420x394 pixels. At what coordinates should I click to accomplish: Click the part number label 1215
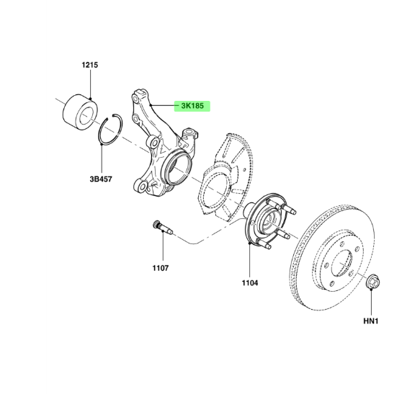click(x=90, y=65)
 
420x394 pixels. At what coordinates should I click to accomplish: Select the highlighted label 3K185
click(x=192, y=106)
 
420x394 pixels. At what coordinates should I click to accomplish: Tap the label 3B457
click(x=101, y=179)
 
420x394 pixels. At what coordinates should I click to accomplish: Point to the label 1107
click(x=161, y=268)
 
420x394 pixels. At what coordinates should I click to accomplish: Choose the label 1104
click(x=250, y=283)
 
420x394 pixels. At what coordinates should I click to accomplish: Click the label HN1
click(x=371, y=321)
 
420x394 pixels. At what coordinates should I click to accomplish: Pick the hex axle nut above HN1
click(x=373, y=282)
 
